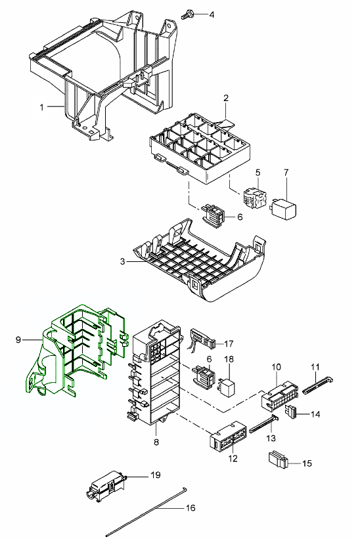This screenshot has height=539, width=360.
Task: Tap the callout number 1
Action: [x=42, y=107]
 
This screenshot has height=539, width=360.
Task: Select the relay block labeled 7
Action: [x=284, y=207]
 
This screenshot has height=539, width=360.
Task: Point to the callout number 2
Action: [x=225, y=98]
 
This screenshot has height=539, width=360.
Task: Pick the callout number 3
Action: [x=123, y=261]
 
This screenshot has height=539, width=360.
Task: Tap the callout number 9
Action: [x=18, y=340]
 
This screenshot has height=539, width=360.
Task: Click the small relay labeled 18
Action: [x=226, y=382]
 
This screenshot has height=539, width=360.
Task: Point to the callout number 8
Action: [x=156, y=442]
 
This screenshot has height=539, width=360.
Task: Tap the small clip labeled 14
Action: [x=290, y=412]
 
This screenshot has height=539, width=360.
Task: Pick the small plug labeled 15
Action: [x=277, y=460]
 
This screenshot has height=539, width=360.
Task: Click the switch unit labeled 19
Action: [x=106, y=485]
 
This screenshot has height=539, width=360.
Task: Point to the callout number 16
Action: [x=191, y=507]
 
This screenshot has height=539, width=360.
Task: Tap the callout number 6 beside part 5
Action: [x=240, y=217]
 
